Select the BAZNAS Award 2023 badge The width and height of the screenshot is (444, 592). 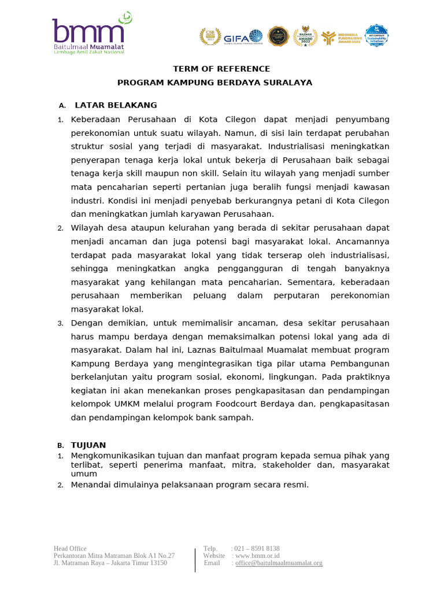click(305, 36)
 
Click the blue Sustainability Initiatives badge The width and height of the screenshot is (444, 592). click(376, 36)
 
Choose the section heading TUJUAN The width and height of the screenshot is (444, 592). click(88, 445)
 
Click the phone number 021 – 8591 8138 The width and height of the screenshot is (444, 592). click(257, 548)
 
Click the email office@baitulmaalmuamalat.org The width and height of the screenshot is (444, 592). click(279, 563)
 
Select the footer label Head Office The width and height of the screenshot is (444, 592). click(70, 548)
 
